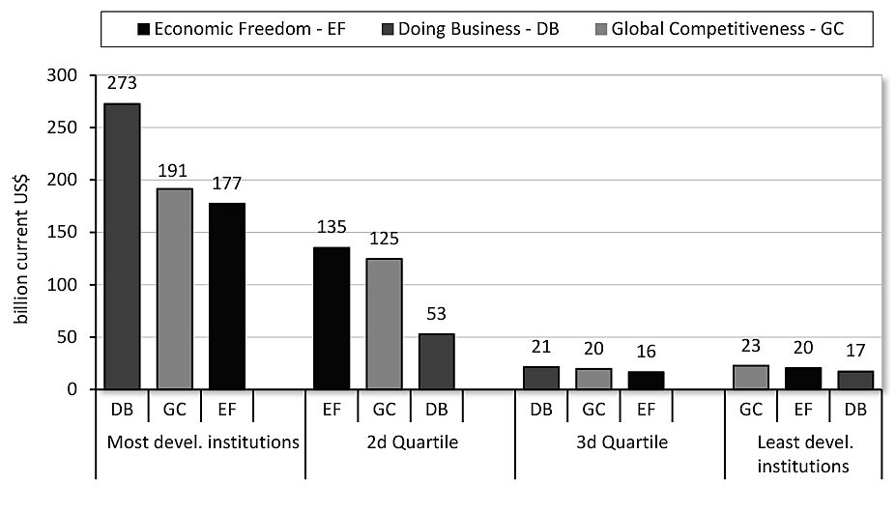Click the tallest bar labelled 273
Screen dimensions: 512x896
[122, 246]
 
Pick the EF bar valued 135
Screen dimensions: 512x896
[332, 318]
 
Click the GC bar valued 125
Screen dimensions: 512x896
[384, 324]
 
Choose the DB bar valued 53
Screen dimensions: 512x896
[436, 361]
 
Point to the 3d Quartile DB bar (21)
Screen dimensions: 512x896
[541, 378]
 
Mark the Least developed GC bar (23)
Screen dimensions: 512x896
[751, 377]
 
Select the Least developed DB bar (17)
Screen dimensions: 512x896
[855, 380]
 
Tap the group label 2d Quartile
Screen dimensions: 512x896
[410, 444]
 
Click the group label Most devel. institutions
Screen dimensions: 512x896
[200, 444]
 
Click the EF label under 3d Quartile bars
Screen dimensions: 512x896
[646, 409]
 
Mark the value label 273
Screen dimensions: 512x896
[122, 84]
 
